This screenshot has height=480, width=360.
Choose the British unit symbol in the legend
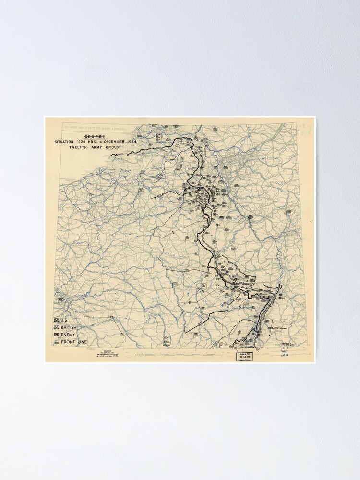pos(57,327)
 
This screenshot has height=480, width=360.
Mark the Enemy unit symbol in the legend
pos(57,335)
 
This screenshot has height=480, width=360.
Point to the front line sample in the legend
pos(57,342)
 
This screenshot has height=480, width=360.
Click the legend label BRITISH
pos(69,327)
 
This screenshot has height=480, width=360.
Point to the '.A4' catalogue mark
pos(285,356)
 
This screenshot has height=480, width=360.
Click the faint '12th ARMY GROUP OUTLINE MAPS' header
pos(95,129)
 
